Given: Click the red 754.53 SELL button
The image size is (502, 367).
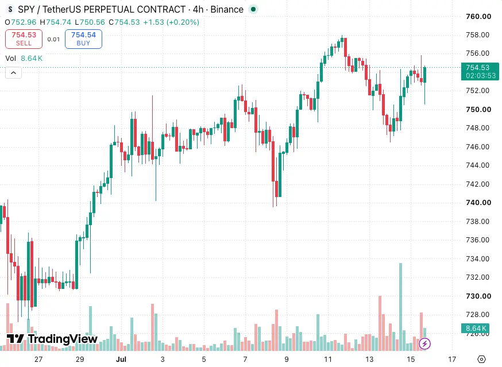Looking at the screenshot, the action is click(x=24, y=39).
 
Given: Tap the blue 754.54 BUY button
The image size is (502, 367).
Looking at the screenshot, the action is click(x=83, y=39).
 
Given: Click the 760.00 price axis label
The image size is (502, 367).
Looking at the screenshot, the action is click(x=478, y=16).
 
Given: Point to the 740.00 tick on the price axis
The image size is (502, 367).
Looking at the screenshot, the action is click(x=478, y=202).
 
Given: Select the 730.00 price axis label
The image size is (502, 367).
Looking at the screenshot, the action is click(x=478, y=296).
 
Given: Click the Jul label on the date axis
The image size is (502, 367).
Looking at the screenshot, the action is click(x=121, y=360).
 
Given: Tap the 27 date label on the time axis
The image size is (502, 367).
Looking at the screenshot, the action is click(x=38, y=360).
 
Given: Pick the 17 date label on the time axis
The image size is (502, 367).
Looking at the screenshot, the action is click(x=451, y=360).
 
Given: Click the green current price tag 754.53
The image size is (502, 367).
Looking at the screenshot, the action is click(x=480, y=71).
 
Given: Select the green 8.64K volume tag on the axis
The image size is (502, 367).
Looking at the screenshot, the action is click(x=475, y=329).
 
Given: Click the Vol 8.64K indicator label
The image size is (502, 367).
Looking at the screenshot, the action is click(x=24, y=58).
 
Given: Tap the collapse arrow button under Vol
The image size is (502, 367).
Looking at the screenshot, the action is click(x=13, y=73).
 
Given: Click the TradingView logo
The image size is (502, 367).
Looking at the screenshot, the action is click(x=52, y=339).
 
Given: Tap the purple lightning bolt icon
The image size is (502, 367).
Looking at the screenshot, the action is click(x=424, y=344).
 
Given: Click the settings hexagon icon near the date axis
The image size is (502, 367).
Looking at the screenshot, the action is click(x=481, y=360).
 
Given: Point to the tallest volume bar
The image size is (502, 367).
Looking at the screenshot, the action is click(x=400, y=307).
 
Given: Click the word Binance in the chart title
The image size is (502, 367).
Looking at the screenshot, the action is click(x=227, y=10).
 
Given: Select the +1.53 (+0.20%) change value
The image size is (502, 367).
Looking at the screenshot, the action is click(x=171, y=22).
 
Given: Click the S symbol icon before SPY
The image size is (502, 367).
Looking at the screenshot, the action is click(x=10, y=10).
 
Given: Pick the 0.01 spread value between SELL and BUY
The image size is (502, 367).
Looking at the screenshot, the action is click(x=53, y=39).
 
